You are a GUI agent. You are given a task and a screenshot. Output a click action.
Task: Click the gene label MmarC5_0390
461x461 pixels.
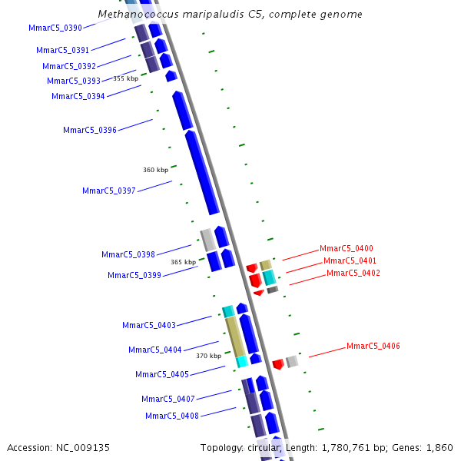(x=55, y=28)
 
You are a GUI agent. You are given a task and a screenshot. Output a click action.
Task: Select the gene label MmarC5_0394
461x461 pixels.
(x=78, y=96)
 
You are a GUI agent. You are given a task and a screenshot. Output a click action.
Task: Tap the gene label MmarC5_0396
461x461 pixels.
(x=89, y=130)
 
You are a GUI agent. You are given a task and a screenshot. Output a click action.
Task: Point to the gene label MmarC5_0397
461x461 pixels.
(x=108, y=191)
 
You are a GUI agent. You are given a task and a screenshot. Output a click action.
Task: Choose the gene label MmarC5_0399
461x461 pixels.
(x=134, y=275)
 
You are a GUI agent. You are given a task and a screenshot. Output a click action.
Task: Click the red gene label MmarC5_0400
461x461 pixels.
(x=346, y=248)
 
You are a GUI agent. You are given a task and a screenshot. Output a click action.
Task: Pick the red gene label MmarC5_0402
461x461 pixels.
(x=353, y=273)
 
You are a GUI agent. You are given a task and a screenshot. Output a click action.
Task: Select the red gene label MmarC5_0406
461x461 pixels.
(x=373, y=346)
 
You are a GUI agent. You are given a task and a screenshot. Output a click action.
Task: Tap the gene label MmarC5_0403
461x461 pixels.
(x=148, y=325)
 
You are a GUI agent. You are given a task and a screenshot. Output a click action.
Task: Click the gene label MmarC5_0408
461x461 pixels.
(x=171, y=416)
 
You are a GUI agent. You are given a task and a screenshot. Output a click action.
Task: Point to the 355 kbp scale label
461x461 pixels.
(x=125, y=78)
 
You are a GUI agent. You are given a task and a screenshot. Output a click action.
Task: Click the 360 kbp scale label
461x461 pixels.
(x=155, y=170)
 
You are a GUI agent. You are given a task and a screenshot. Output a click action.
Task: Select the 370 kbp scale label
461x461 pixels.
(x=208, y=356)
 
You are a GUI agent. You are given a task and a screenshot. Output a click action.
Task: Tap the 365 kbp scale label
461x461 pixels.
(x=183, y=262)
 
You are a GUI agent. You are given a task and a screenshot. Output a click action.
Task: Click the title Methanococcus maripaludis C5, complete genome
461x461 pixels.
(x=230, y=15)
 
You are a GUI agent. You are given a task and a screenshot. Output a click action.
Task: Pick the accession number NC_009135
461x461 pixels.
(x=82, y=447)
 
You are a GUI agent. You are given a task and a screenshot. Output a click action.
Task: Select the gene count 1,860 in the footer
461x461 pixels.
(x=439, y=447)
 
